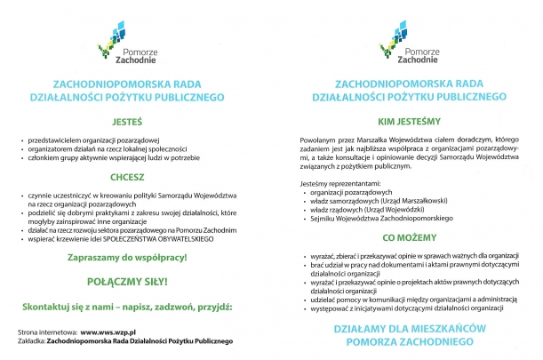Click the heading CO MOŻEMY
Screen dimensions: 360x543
[411, 239]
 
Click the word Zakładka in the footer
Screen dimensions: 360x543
[34, 340]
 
